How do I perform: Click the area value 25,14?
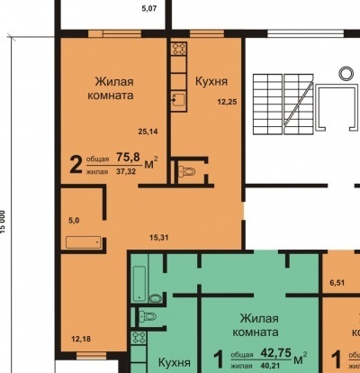148,132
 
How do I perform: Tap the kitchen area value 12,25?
227,102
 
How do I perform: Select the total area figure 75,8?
128,157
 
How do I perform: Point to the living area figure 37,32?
126,172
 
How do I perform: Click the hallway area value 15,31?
159,238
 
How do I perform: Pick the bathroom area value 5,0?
74,221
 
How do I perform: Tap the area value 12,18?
81,340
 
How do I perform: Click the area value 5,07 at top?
149,9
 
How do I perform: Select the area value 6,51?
337,283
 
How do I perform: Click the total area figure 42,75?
276,352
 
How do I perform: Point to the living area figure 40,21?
271,366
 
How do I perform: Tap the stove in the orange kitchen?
179,49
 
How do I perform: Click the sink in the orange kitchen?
179,100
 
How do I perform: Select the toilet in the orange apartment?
187,172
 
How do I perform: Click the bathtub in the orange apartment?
84,242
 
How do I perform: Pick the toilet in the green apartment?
148,316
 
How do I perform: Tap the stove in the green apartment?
139,338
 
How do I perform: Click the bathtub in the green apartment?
139,283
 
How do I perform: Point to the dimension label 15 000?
3,222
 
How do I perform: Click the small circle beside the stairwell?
346,74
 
